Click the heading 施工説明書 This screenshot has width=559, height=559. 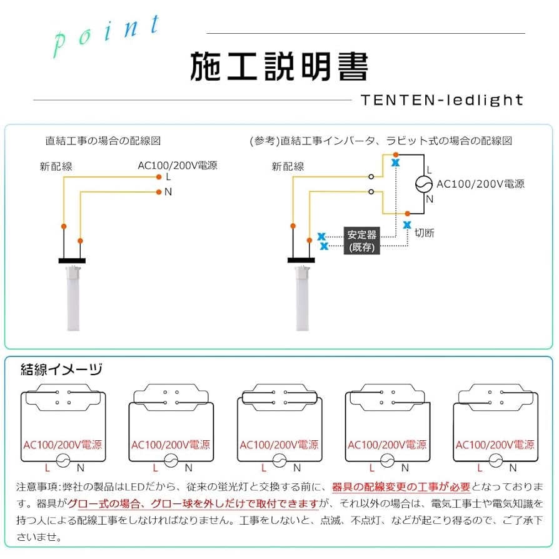pos(279,67)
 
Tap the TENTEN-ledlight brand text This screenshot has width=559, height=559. pos(441,100)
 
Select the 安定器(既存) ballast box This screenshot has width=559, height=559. pos(362,241)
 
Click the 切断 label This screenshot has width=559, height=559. pos(425,233)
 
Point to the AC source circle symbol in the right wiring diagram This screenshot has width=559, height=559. pos(425,184)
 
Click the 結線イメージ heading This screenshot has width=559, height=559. pos(61,370)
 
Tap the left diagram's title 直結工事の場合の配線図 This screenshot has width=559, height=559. pos(103,141)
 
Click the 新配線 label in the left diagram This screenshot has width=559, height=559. pos(56,167)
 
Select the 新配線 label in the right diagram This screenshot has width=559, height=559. pos(288,167)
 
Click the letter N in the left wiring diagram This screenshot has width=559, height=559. pos(168,192)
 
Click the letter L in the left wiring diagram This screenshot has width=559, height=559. pos(168,177)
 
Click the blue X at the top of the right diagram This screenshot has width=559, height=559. pos(395,163)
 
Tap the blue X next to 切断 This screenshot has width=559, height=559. pos(407,224)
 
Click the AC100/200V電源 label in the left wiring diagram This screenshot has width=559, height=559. pos(178,166)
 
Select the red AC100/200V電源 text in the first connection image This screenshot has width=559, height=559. pos(63,445)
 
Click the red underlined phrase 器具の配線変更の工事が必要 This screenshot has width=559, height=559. pos(401,487)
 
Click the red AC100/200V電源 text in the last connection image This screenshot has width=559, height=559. pos(495,445)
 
